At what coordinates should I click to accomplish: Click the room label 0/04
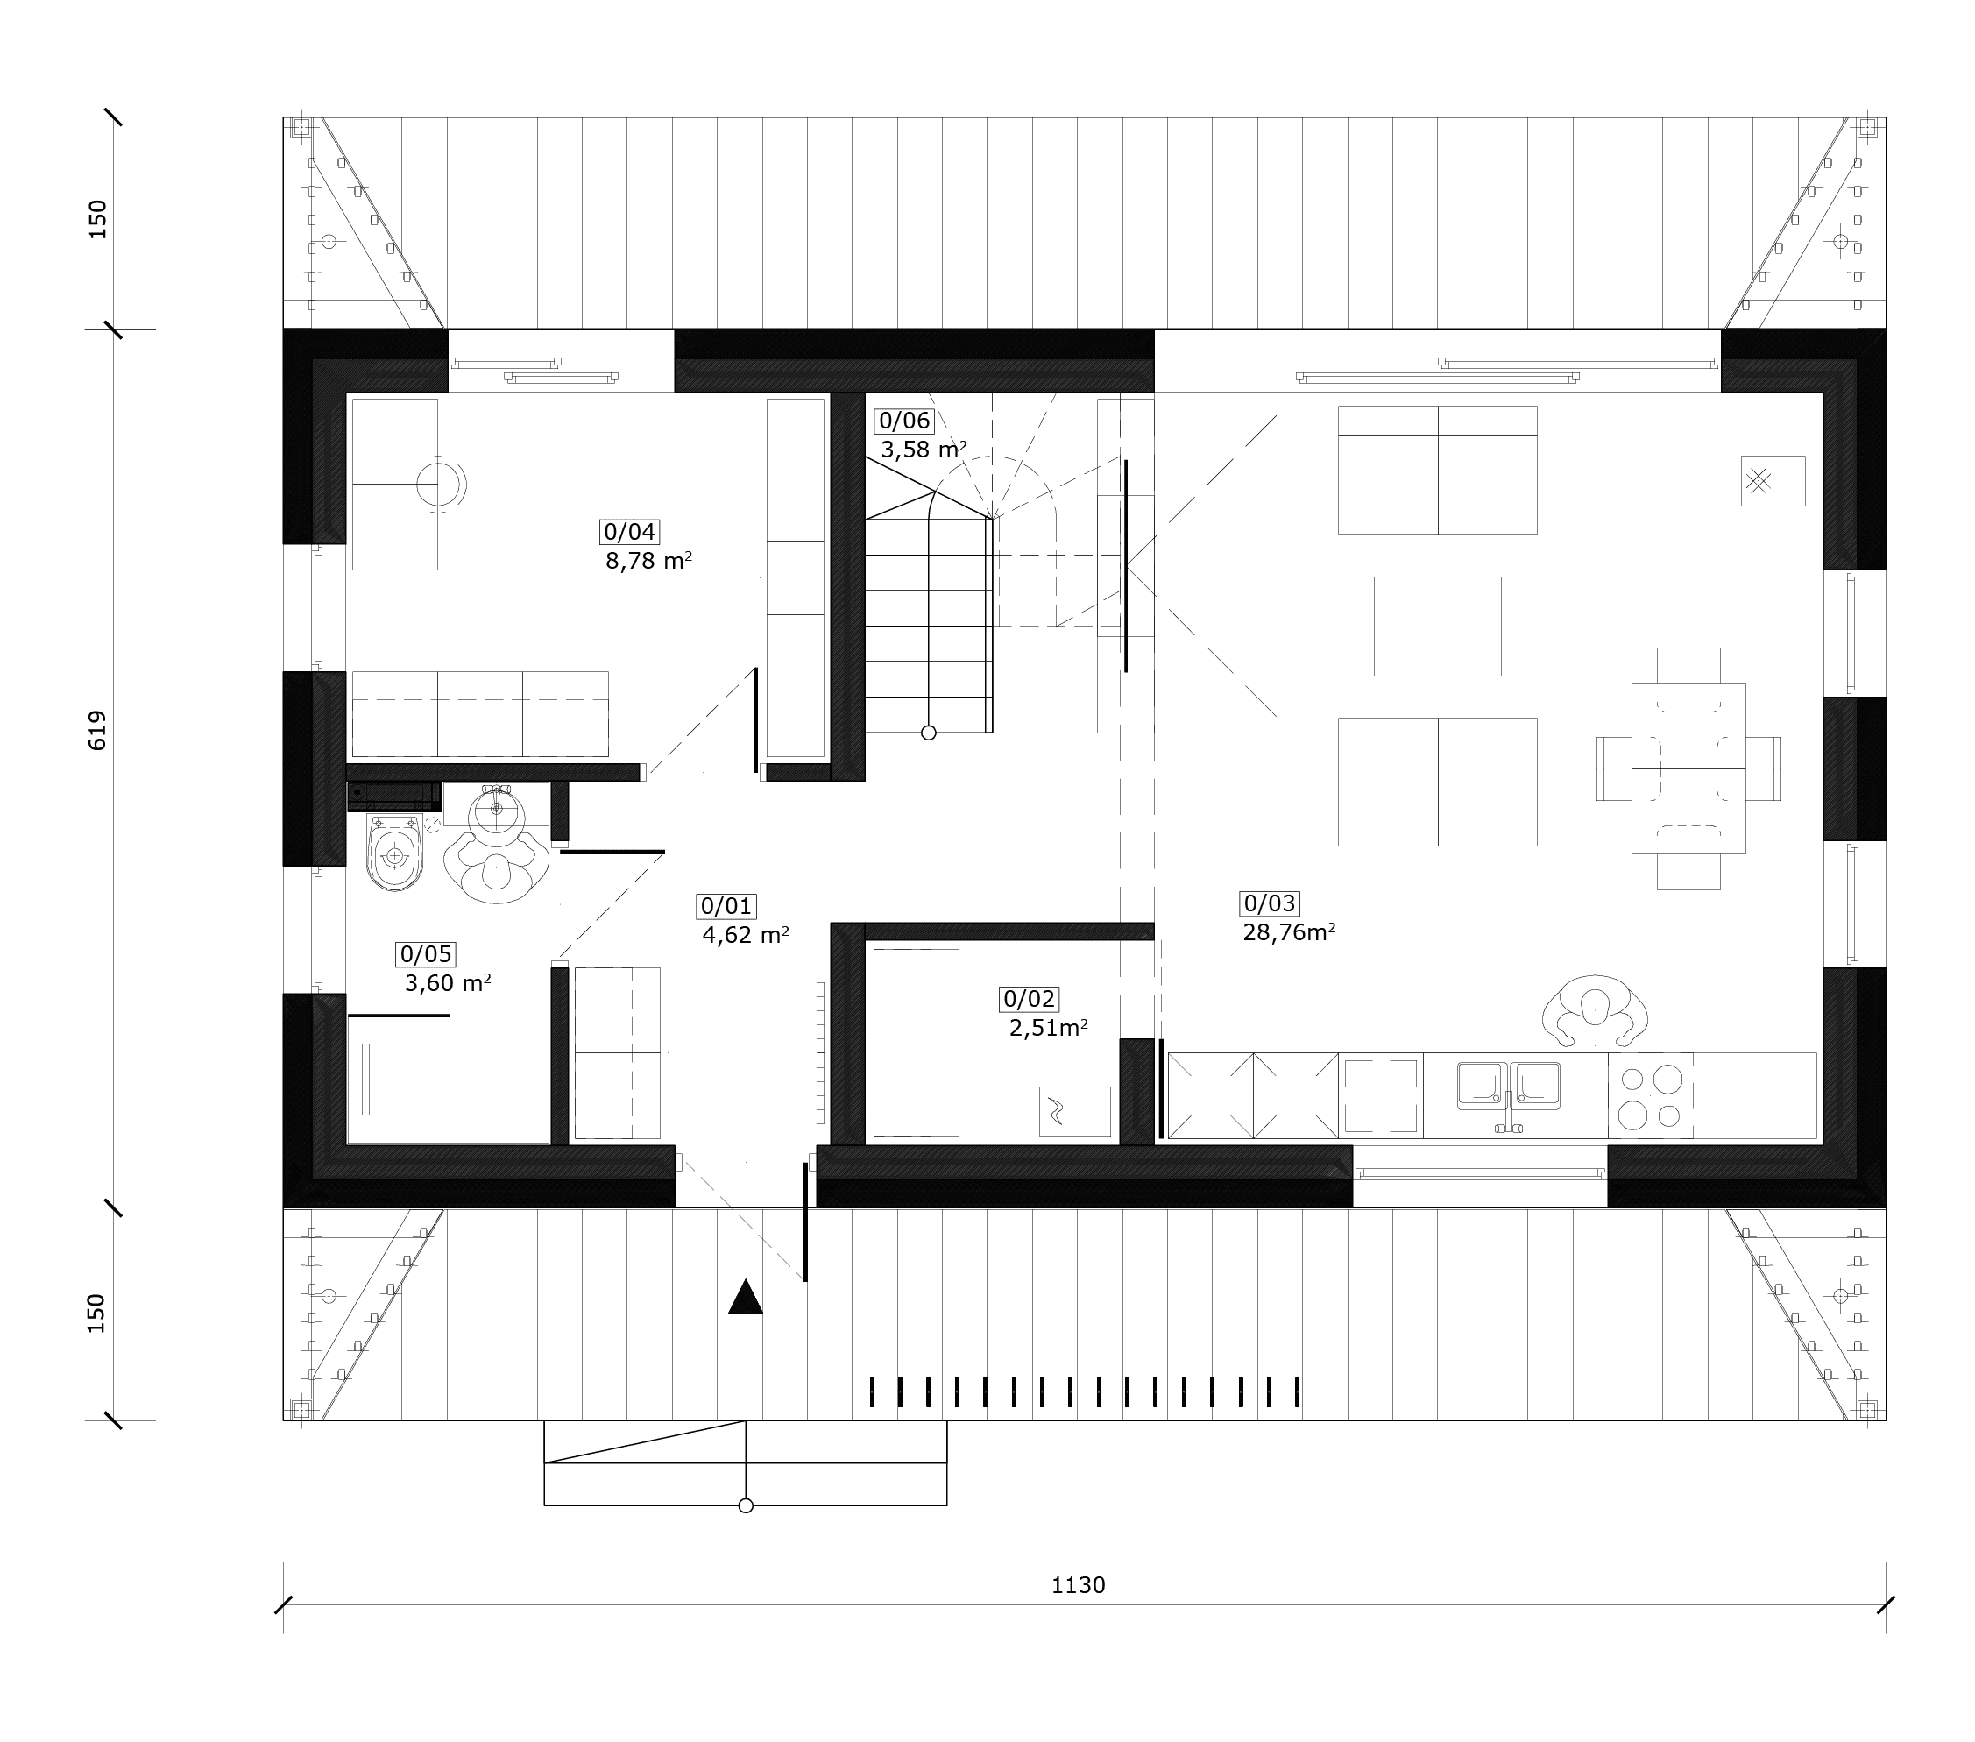click(630, 531)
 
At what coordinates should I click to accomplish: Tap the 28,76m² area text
click(1289, 932)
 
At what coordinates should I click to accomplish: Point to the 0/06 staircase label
click(904, 421)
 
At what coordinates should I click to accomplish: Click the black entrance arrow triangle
click(745, 1297)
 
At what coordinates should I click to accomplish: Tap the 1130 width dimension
click(1079, 1585)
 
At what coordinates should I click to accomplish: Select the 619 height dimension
click(97, 731)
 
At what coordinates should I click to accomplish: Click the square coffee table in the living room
click(1438, 626)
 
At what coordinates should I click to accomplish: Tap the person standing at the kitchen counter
click(1596, 1010)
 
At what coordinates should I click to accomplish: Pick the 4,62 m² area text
click(746, 935)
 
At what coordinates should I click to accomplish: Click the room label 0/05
click(426, 954)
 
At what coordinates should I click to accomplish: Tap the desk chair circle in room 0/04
click(438, 483)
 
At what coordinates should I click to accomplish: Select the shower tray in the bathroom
click(449, 1080)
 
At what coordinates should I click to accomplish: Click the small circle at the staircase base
click(929, 733)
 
